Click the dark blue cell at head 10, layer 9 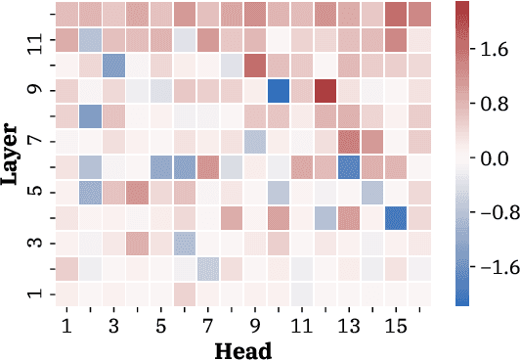(x=278, y=91)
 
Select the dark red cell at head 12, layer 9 (x=325, y=91)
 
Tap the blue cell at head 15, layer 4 (x=395, y=217)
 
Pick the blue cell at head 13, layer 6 (x=348, y=166)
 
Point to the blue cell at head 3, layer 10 (x=113, y=66)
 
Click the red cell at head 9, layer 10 (x=254, y=66)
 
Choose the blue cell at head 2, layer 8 (x=90, y=116)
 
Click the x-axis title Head (x=243, y=348)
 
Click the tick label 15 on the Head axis (x=395, y=324)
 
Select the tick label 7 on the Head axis (x=207, y=324)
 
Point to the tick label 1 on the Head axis (x=66, y=324)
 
